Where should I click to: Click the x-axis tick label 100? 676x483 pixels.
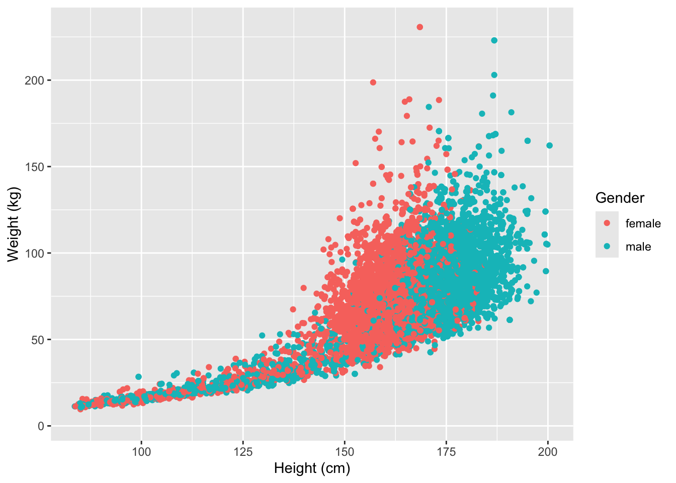141,452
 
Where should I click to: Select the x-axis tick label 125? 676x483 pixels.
243,452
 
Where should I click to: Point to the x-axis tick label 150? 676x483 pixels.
345,452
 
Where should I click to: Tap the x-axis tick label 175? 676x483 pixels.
446,452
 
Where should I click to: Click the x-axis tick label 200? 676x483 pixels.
548,452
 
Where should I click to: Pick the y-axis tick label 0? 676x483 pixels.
42,426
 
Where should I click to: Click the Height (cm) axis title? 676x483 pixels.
312,469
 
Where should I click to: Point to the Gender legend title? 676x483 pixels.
620,198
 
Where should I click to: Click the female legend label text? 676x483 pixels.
643,223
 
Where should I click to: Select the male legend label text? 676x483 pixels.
638,247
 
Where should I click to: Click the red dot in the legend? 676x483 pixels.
607,223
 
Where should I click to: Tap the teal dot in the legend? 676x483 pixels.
607,246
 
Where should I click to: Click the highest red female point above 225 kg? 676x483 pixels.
420,27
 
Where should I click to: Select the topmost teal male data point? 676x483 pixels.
494,40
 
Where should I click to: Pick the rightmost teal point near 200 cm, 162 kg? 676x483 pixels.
549,145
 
